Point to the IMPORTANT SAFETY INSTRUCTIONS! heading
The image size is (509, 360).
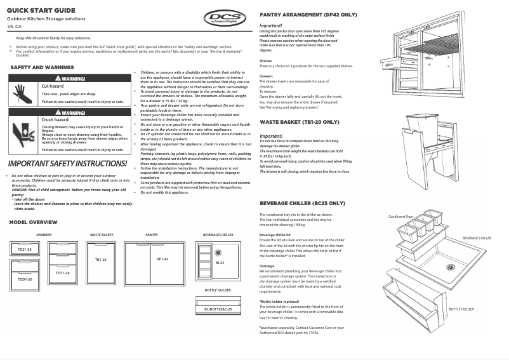pos(67,164)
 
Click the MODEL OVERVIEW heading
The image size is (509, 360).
pos(33,222)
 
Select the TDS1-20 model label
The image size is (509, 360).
pos(25,250)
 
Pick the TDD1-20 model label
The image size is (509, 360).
pos(25,279)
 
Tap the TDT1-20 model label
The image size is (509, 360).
pos(62,272)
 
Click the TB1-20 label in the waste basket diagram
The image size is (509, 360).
pos(101,259)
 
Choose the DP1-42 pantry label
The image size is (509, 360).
pos(162,259)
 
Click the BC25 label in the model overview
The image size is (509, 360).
pos(220,262)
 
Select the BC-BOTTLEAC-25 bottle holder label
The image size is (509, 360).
pos(218,309)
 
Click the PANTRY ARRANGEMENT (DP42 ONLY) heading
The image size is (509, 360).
pos(308,14)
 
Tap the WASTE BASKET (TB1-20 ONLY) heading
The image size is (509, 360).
pos(300,122)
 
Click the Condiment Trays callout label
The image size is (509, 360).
pos(401,217)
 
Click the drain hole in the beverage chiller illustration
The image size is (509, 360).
pos(451,267)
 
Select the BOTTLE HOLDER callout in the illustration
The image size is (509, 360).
pos(461,309)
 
